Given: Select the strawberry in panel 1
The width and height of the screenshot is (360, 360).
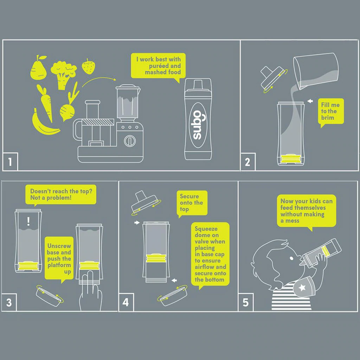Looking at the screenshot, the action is point(88,66).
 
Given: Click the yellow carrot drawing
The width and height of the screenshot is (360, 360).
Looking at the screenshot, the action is point(45,103).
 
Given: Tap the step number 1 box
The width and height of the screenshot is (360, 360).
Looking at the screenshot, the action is point(10,162).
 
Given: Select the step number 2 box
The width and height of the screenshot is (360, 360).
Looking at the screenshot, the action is point(248,162).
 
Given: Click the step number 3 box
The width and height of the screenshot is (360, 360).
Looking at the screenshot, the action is point(9,302).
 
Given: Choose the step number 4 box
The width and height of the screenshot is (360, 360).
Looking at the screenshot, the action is point(126,302).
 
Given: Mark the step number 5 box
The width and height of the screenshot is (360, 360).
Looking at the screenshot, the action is point(246,302).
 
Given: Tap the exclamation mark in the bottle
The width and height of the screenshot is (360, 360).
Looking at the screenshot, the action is point(28,221).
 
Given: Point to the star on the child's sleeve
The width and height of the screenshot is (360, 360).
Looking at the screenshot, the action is point(302,288).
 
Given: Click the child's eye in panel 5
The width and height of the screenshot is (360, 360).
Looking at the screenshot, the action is point(291,258).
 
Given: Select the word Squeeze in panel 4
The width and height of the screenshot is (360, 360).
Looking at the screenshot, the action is point(206,229).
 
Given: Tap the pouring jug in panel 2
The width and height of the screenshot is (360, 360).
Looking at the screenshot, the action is point(316,71).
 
